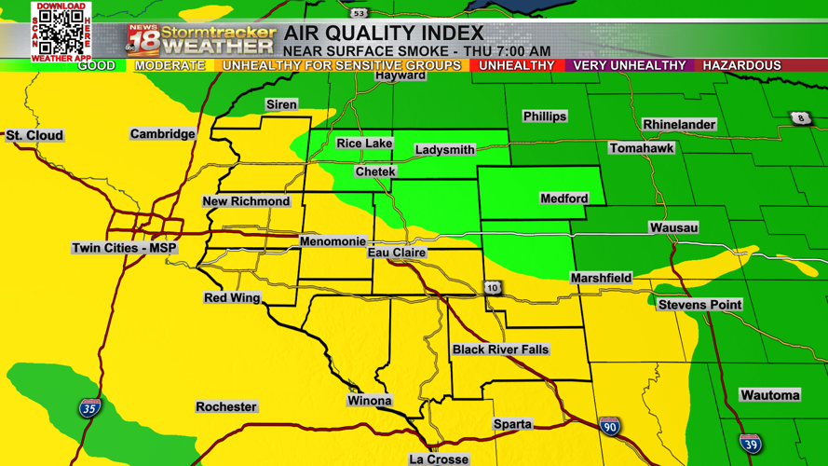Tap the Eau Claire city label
[x=397, y=253]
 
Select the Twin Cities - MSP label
[x=124, y=248]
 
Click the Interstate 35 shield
[x=89, y=407]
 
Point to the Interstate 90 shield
[x=609, y=426]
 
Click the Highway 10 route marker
[x=493, y=288]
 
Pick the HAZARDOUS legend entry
[x=741, y=65]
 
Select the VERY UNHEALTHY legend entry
[x=629, y=65]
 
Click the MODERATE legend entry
[x=170, y=65]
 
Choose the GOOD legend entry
[x=96, y=65]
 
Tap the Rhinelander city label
[x=679, y=124]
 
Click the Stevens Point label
[x=699, y=305]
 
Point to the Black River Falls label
[x=500, y=349]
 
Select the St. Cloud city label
[x=34, y=135]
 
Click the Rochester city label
[x=225, y=407]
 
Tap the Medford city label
[x=563, y=199]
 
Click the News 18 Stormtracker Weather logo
[x=201, y=39]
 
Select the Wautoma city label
[x=769, y=395]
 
